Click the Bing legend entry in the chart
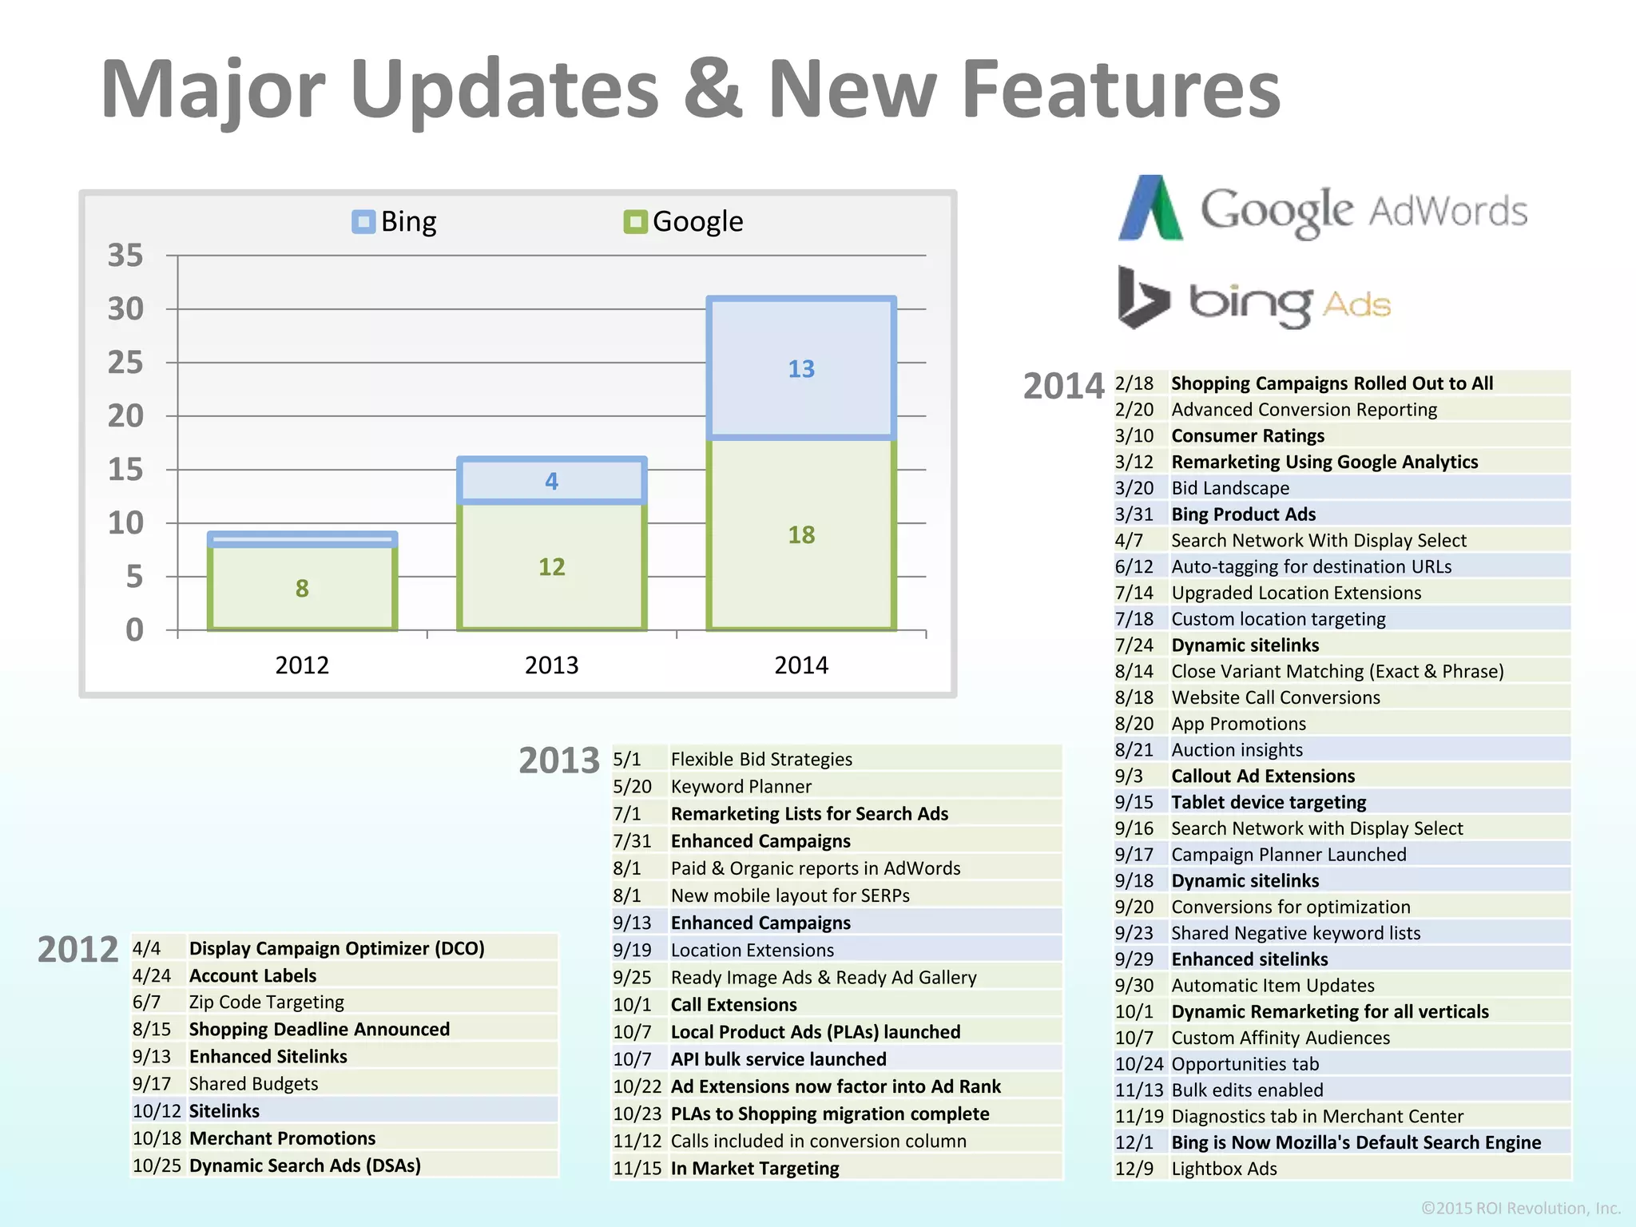395,221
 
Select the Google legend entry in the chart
684,221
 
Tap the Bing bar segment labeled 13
801,368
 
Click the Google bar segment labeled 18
801,534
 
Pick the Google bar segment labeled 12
551,566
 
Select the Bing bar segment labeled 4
551,481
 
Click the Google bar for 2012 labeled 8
302,588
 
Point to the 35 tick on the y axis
125,256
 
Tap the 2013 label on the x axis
551,665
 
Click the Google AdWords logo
1322,209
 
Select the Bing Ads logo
1254,300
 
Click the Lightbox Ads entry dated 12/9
1224,1169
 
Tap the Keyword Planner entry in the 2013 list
741,787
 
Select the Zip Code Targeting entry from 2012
266,1002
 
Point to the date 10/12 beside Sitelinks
157,1111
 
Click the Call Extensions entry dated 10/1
733,1005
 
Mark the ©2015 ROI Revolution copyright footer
1520,1208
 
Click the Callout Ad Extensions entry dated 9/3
1263,776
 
